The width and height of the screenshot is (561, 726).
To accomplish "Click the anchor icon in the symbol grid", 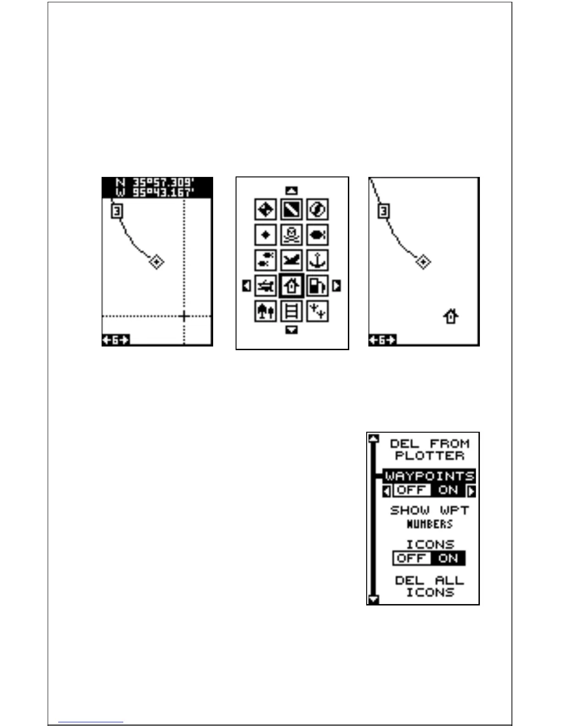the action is tap(317, 260).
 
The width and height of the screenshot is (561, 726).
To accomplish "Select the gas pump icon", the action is tap(317, 286).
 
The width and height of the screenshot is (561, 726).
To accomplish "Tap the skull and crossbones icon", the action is tap(291, 235).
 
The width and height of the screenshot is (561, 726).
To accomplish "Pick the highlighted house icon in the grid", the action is tap(291, 286).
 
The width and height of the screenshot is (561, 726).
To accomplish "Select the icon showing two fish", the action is tap(266, 260).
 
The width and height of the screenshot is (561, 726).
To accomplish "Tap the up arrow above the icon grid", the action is tap(291, 190).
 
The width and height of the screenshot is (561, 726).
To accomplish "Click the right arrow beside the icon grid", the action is tap(337, 286).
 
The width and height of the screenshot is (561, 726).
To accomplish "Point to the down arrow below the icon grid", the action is tap(291, 330).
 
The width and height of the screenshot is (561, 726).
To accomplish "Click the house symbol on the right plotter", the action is tap(451, 316).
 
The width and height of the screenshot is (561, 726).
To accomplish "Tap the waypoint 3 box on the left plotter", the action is tap(118, 211).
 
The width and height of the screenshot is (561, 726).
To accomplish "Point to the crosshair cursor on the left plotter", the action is tap(184, 316).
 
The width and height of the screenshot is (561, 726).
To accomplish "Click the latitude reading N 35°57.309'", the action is tap(157, 182).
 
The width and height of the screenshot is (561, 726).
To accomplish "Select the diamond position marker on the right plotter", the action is tap(423, 262).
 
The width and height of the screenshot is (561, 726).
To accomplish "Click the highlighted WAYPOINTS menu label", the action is tap(429, 476).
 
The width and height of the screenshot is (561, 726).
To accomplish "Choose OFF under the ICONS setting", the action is tap(412, 558).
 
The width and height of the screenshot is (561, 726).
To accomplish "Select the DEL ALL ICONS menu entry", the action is tap(429, 586).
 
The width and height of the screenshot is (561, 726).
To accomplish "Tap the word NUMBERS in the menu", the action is tap(429, 524).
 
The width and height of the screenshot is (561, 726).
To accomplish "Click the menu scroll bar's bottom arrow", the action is tap(374, 599).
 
